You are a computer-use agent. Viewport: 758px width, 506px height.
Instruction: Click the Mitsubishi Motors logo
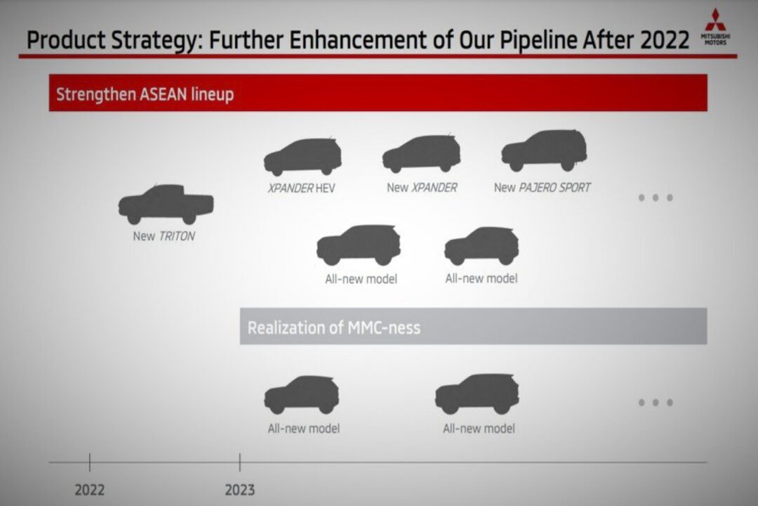[715, 27]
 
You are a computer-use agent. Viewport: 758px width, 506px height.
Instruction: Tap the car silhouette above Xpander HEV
[302, 157]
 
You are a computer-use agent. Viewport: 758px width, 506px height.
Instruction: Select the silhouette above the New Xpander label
[421, 153]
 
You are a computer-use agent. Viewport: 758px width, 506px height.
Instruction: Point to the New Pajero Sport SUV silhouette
[545, 150]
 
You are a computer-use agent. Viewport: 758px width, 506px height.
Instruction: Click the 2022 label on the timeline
[89, 490]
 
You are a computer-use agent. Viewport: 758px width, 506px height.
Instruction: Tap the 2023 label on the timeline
[240, 490]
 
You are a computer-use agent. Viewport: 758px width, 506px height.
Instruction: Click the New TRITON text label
[164, 236]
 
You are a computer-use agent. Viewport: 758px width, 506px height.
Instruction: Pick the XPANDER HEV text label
[301, 188]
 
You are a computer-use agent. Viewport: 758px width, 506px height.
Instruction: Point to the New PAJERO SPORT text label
[542, 188]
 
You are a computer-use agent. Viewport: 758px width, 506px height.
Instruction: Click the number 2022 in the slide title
[665, 40]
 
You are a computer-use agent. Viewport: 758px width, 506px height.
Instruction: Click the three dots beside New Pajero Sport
[656, 197]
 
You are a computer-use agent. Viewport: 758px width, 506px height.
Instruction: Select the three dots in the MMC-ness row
[656, 403]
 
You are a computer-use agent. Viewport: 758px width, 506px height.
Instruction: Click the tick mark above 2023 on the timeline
[240, 462]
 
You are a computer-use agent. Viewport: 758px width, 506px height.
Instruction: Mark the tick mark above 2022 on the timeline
[89, 462]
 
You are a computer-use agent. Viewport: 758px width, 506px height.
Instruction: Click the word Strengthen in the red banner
[95, 94]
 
